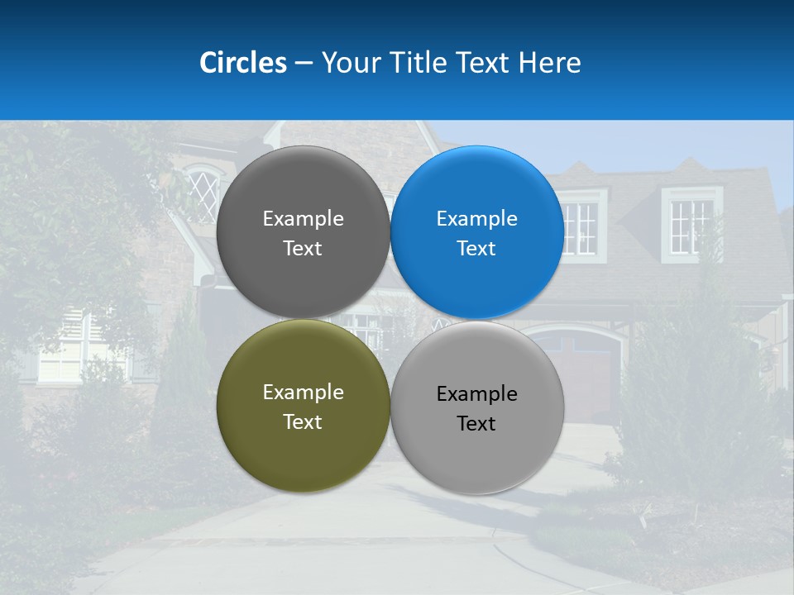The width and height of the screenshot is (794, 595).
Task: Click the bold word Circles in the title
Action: (243, 63)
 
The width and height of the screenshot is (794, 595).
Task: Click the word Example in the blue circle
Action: (476, 219)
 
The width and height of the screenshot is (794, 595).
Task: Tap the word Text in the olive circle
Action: (303, 422)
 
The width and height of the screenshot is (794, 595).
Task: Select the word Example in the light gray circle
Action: (476, 394)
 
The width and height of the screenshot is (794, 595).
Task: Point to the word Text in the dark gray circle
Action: (303, 249)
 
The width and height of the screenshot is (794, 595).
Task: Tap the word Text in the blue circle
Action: (476, 249)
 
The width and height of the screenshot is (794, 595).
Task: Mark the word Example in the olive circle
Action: (303, 393)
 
